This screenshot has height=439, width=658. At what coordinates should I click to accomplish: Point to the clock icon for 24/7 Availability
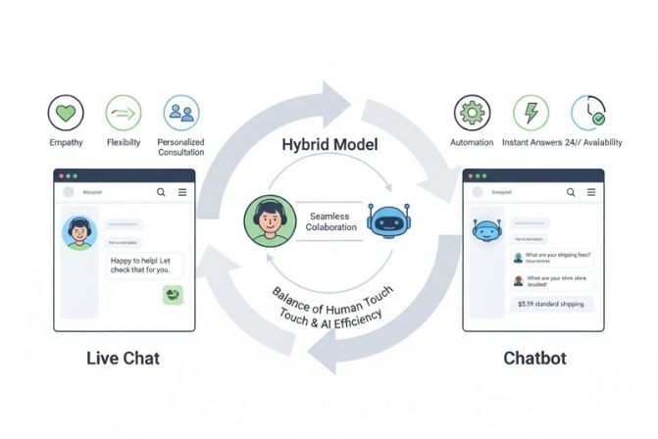tap(589, 113)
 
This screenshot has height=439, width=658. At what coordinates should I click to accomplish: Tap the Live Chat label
tap(111, 358)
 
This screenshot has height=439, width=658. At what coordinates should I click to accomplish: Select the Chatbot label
tap(533, 358)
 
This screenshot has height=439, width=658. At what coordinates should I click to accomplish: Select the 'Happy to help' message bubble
tap(144, 265)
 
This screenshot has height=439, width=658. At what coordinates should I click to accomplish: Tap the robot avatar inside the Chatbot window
tap(485, 231)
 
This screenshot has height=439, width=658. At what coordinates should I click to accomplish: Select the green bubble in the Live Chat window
tap(174, 293)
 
